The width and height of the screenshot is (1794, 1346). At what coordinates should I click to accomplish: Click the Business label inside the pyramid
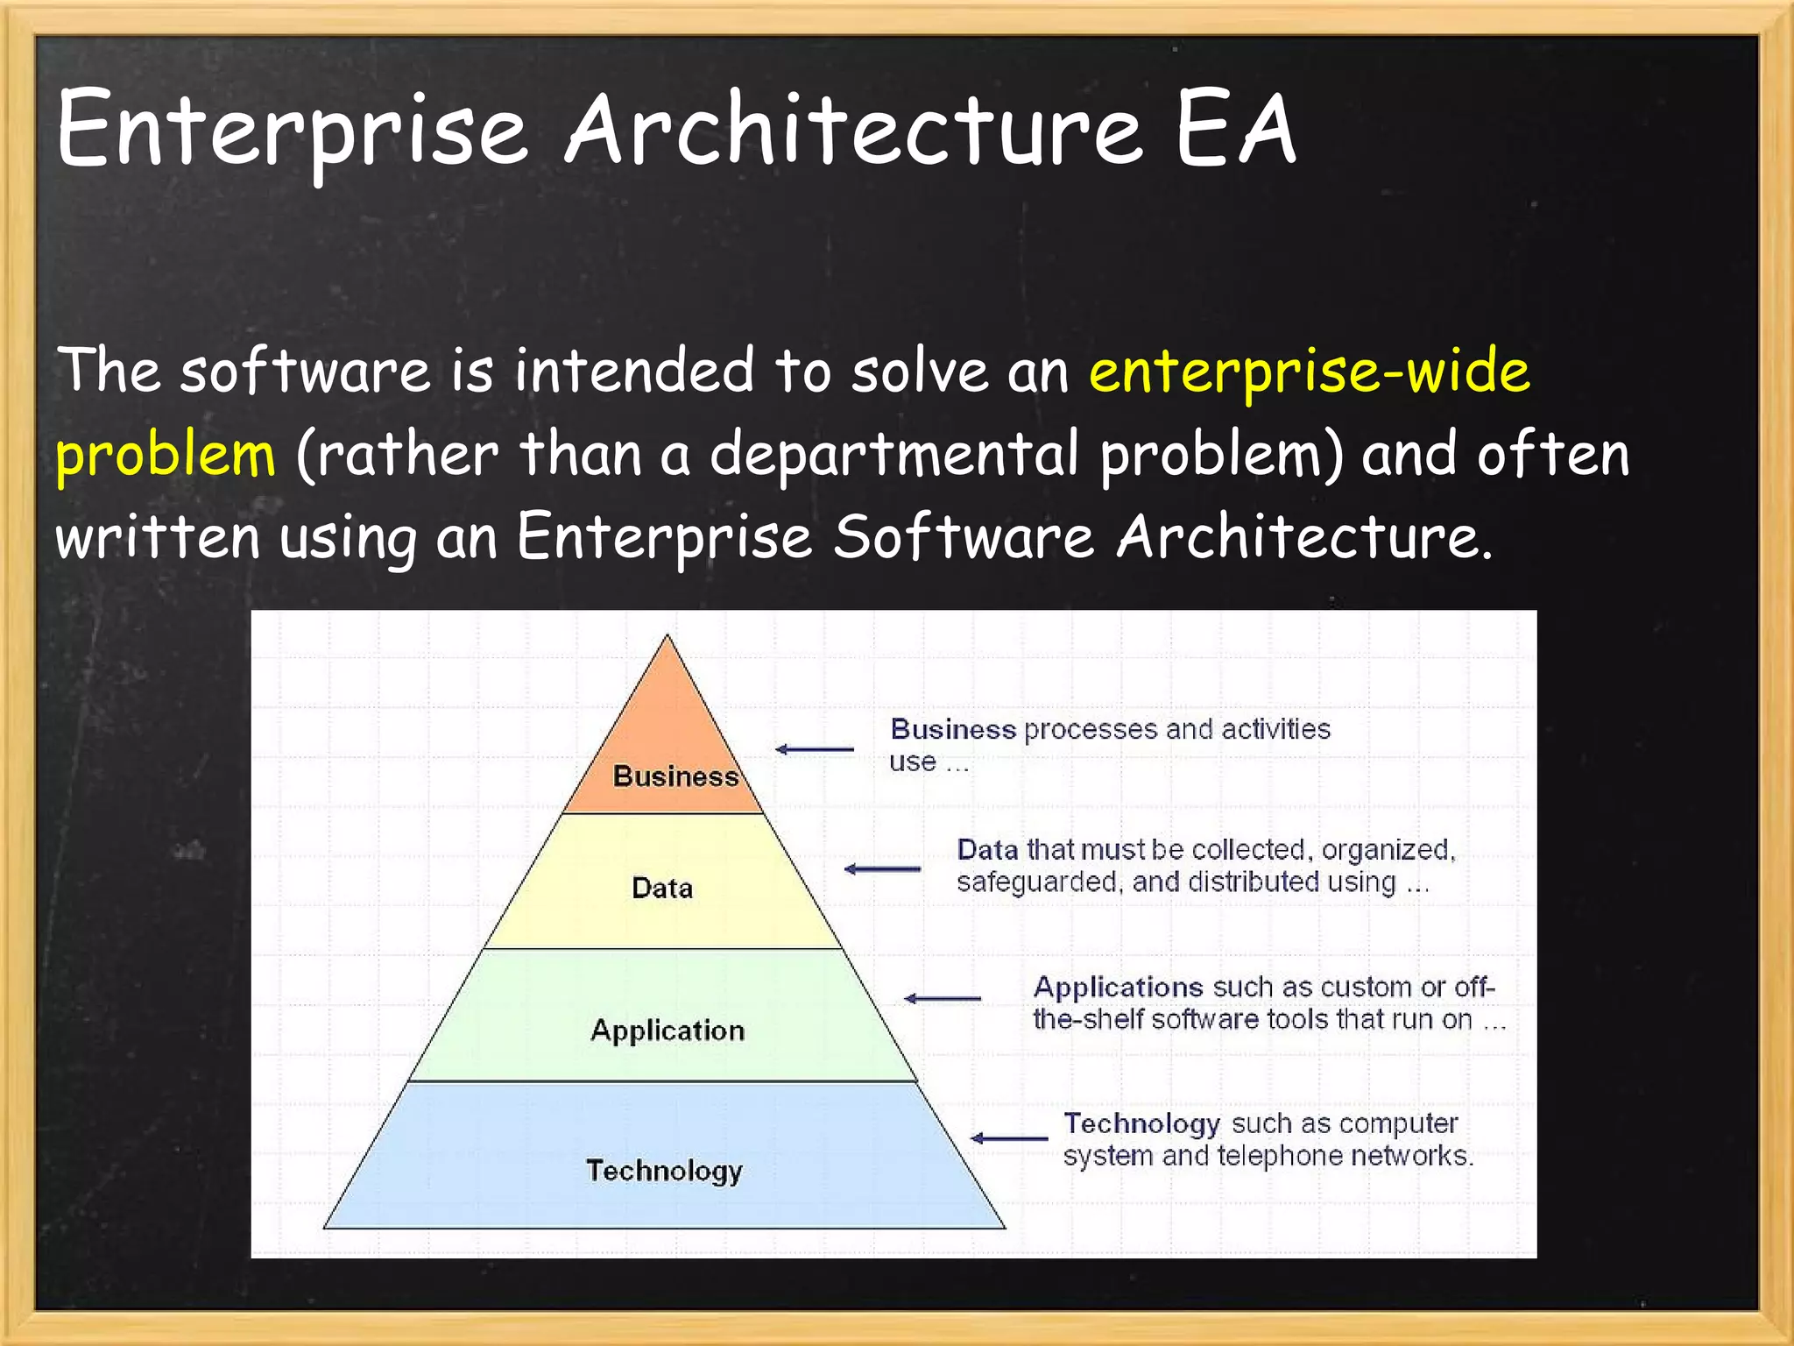(x=675, y=776)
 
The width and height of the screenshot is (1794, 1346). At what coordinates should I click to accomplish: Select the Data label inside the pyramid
(x=662, y=888)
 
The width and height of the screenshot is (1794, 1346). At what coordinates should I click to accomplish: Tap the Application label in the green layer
(x=667, y=1030)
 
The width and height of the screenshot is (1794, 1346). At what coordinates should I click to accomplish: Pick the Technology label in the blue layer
(x=664, y=1171)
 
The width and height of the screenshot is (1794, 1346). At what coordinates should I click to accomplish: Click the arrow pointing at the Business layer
(x=815, y=749)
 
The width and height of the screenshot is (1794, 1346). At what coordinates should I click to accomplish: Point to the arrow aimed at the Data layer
(x=882, y=869)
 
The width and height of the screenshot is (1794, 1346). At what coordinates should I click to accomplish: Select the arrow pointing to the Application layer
(x=943, y=998)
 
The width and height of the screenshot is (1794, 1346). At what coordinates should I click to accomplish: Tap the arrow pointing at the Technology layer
(x=1009, y=1138)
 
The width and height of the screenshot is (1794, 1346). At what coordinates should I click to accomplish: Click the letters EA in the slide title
(x=1235, y=130)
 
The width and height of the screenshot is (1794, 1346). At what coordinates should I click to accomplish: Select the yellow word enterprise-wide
(x=1309, y=372)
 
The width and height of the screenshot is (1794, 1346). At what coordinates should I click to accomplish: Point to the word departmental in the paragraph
(x=893, y=454)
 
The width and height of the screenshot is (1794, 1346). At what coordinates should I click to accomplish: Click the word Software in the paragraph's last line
(x=963, y=536)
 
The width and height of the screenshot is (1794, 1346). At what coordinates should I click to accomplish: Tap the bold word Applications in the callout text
(x=1118, y=988)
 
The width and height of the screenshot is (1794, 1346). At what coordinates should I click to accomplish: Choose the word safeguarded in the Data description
(x=1038, y=882)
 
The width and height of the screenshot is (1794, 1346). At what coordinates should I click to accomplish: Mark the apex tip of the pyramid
(x=667, y=637)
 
